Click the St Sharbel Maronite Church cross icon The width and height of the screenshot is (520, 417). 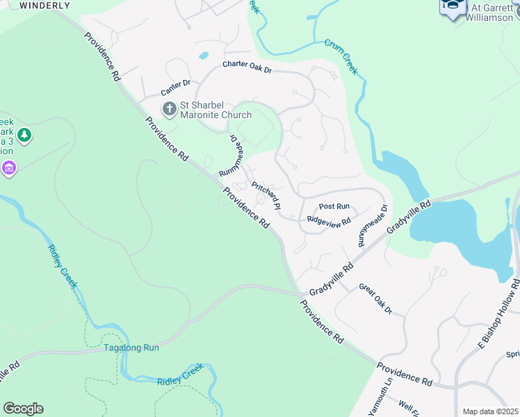click(169, 108)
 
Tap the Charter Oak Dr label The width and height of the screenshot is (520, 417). click(247, 67)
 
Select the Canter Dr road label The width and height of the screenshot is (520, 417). click(175, 87)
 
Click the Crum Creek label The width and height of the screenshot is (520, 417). click(341, 56)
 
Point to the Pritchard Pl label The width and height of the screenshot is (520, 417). click(266, 196)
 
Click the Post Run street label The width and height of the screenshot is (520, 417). click(334, 206)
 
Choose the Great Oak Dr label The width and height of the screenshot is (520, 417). click(375, 299)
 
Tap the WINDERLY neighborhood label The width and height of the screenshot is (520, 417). click(45, 5)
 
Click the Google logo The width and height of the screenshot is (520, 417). click(23, 409)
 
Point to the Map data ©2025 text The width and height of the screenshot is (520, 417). click(490, 411)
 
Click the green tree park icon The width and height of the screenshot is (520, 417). click(24, 134)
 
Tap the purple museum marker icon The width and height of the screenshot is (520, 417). click(8, 167)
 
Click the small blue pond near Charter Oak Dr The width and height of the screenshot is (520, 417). click(203, 55)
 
